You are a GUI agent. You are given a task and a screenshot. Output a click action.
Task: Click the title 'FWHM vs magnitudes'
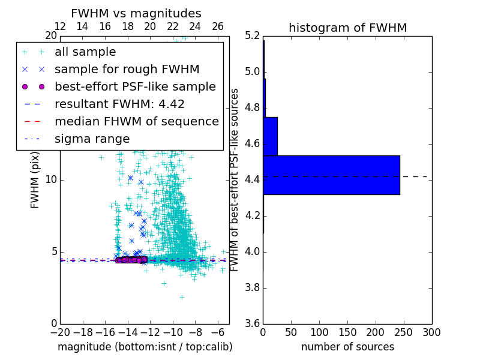coord(136,14)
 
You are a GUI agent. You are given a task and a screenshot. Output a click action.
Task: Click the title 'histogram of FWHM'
coord(347,28)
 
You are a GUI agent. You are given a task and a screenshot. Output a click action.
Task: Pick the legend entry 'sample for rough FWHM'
coord(127,70)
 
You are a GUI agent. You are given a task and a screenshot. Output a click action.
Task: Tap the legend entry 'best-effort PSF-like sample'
coord(135,87)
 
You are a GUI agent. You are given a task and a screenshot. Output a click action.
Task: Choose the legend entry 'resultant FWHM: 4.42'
coord(119,104)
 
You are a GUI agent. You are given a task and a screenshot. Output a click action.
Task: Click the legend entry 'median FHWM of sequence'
coord(136,122)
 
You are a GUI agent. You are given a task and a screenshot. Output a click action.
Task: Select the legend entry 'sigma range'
coord(92,139)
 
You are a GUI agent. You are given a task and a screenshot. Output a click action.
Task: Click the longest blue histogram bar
coord(331,175)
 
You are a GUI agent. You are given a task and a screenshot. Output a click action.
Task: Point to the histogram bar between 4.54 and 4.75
coord(270,136)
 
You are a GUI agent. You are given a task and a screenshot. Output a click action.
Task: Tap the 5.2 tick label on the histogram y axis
coord(253,36)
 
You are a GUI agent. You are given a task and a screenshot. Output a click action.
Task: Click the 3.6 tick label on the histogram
coord(253,323)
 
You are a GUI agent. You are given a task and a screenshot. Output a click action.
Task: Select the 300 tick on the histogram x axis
coord(431,332)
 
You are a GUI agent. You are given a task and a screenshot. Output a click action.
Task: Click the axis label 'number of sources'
coord(347,347)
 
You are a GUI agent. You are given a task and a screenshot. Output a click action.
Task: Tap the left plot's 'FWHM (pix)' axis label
coord(35,179)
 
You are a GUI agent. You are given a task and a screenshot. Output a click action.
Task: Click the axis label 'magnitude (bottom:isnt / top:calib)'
coord(145,347)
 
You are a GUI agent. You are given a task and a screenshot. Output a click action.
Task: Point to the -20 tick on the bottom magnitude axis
coord(60,332)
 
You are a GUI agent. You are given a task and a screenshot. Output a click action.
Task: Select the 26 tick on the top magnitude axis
coord(218,26)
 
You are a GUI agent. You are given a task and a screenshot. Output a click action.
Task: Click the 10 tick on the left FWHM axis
coord(52,180)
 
